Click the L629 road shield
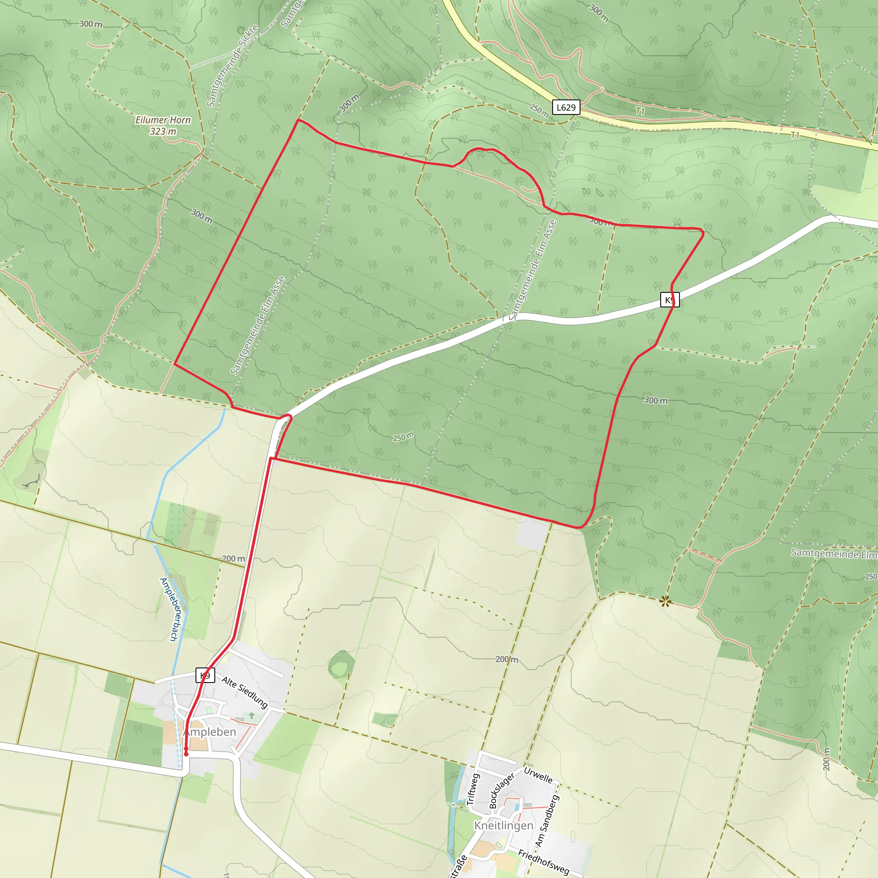[x=566, y=107]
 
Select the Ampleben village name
[x=210, y=732]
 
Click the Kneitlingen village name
[x=504, y=825]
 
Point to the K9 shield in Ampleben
[x=205, y=675]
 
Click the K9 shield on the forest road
[x=669, y=300]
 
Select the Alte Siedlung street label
[x=245, y=692]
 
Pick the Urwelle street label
[x=538, y=775]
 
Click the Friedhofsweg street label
[x=543, y=862]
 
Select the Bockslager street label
[x=501, y=790]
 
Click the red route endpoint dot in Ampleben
[x=186, y=755]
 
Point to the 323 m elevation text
[x=162, y=131]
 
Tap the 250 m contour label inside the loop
[x=403, y=437]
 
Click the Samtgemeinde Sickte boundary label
[x=232, y=66]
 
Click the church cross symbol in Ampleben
[x=251, y=716]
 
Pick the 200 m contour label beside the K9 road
[x=233, y=559]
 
